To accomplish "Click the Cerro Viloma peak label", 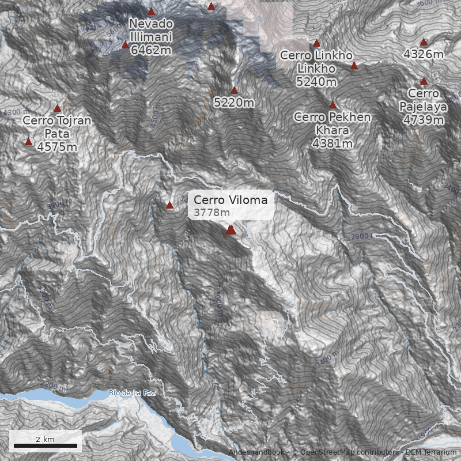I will point(231,200).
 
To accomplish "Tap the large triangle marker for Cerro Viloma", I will point(231,230).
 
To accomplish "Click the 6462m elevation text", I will point(151,50).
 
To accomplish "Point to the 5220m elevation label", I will point(234,103).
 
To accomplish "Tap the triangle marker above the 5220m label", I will point(234,90).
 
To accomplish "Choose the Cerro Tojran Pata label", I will point(56,127).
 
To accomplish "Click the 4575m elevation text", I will point(57,147).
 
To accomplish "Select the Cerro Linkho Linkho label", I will point(316,62).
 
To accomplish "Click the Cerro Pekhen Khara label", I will point(332,124).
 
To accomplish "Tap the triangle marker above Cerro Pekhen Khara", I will point(332,105).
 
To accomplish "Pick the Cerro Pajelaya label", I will point(424,100).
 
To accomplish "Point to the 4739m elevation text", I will point(424,120).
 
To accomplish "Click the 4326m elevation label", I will point(424,54).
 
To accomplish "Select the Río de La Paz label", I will point(133,393).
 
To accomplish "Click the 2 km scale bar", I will point(46,445).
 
